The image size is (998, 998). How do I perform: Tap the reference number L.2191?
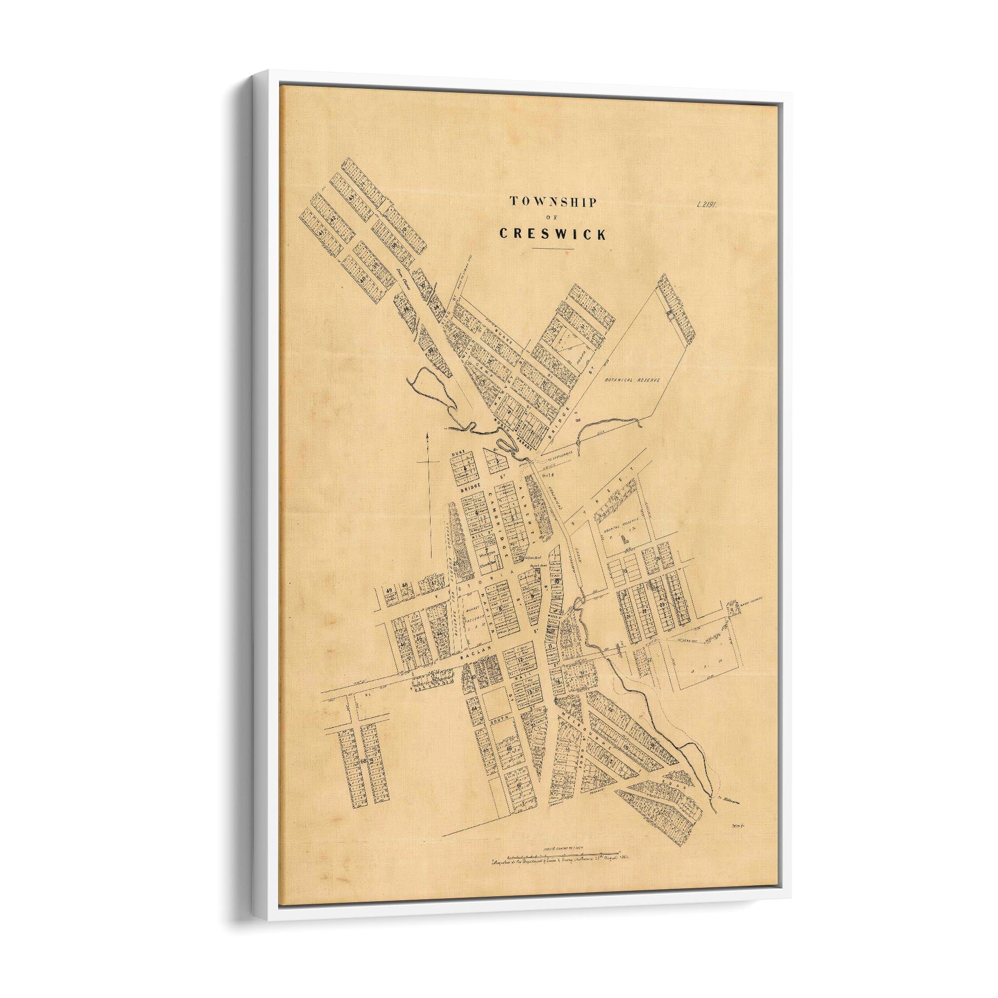tap(708, 203)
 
